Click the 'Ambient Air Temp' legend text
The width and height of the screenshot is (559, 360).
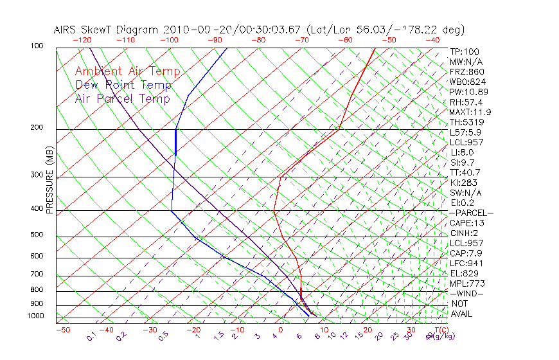(x=127, y=71)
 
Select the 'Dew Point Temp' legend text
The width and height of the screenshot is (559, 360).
(x=123, y=85)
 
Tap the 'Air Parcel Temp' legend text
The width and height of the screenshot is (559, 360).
(x=122, y=98)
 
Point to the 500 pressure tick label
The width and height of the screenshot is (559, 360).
(x=36, y=235)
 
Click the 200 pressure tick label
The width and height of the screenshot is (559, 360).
(x=36, y=127)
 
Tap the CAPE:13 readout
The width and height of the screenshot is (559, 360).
(x=466, y=223)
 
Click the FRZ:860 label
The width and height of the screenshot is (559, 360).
(x=466, y=72)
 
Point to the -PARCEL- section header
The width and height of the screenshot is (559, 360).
(x=471, y=213)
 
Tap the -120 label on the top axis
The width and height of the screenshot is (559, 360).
(x=82, y=40)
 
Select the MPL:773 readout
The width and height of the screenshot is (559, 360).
(x=467, y=283)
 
